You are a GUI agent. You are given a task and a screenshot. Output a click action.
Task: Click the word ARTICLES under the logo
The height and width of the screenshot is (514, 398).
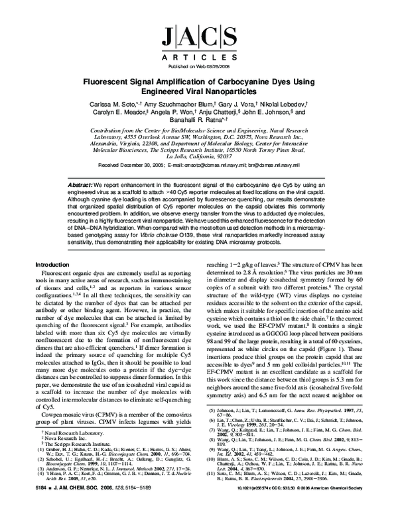coord(198,58)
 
